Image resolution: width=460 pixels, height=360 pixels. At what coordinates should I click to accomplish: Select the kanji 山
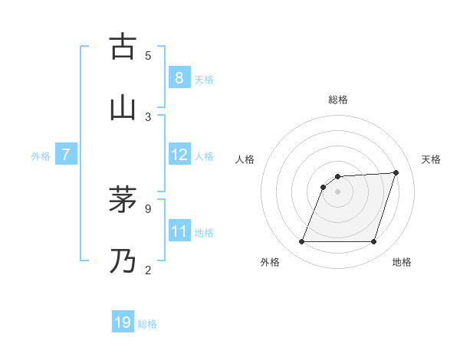[123, 108]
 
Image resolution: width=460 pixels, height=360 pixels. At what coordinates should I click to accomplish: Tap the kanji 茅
[123, 200]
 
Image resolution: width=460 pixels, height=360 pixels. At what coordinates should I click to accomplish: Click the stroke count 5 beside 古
[148, 55]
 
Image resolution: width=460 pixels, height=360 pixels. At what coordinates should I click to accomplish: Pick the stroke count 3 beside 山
[148, 116]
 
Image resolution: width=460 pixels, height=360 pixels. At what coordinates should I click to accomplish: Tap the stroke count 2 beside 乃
[148, 270]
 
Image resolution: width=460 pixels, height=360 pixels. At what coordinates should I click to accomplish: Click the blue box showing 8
[179, 78]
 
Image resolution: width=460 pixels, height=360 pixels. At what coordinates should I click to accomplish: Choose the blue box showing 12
[179, 155]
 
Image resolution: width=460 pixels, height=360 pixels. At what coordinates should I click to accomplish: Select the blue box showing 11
[179, 231]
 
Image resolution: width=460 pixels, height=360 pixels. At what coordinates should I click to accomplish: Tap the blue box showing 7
[66, 155]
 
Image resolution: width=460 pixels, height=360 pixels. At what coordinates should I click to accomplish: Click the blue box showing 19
[123, 323]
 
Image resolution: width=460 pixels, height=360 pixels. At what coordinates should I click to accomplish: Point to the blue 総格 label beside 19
[147, 324]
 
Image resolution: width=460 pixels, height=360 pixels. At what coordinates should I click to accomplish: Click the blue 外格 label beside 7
[41, 156]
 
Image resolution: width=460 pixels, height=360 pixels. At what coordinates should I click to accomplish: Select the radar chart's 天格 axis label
[432, 159]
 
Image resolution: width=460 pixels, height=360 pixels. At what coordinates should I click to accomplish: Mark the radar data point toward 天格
[396, 172]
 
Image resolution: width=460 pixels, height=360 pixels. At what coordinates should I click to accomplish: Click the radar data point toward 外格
[301, 242]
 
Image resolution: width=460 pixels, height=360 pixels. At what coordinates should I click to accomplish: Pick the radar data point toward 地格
[373, 242]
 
